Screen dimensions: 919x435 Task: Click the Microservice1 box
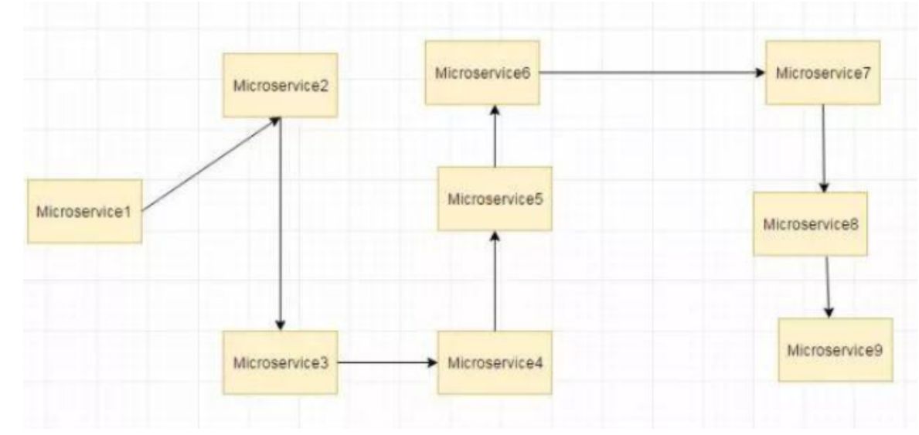click(x=84, y=211)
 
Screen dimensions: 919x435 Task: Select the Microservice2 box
click(x=280, y=85)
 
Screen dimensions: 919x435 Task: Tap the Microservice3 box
click(x=280, y=362)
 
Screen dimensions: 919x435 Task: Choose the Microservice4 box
click(x=495, y=362)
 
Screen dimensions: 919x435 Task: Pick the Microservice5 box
click(x=495, y=199)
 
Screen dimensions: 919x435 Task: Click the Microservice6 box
click(x=482, y=73)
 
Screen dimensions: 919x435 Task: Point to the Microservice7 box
click(x=823, y=73)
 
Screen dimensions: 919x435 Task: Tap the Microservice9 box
click(x=835, y=349)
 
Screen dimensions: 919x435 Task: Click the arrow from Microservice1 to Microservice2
click(x=210, y=164)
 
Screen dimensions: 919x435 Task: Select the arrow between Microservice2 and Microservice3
click(x=280, y=224)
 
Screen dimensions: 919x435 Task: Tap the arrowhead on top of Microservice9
click(x=829, y=311)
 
